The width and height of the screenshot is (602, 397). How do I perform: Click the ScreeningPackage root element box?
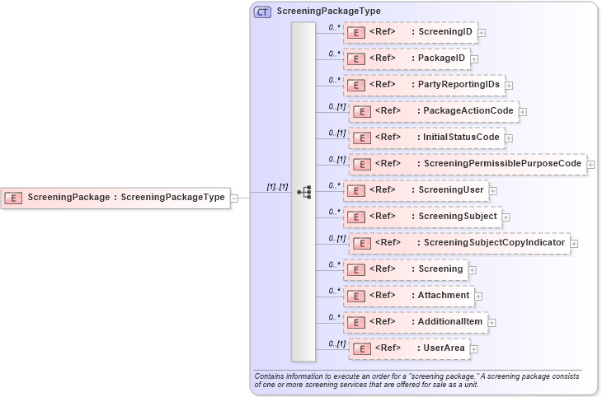click(115, 198)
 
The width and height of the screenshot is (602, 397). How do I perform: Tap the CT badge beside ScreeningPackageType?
click(263, 12)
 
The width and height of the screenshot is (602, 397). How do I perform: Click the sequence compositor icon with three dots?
click(303, 191)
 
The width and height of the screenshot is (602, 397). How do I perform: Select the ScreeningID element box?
click(410, 33)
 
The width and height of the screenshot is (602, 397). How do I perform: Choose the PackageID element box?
click(407, 59)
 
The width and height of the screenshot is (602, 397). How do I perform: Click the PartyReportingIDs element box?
click(424, 85)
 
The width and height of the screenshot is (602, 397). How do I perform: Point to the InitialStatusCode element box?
click(426, 138)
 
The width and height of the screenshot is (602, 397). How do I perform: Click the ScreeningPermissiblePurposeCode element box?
click(467, 164)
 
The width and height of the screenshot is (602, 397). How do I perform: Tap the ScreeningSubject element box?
click(421, 217)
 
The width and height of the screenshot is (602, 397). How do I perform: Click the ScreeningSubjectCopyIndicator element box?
click(459, 243)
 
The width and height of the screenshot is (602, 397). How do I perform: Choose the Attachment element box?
click(408, 295)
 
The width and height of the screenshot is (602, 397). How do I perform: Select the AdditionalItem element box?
click(415, 321)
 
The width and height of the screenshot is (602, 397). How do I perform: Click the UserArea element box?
click(409, 348)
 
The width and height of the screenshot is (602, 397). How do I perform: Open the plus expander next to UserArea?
click(474, 349)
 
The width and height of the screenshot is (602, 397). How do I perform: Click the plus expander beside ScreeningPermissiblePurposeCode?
click(590, 165)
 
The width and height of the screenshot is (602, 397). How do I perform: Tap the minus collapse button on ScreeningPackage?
click(235, 198)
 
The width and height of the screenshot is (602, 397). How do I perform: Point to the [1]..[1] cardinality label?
click(276, 187)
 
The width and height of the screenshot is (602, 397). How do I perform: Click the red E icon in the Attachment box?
click(355, 296)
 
